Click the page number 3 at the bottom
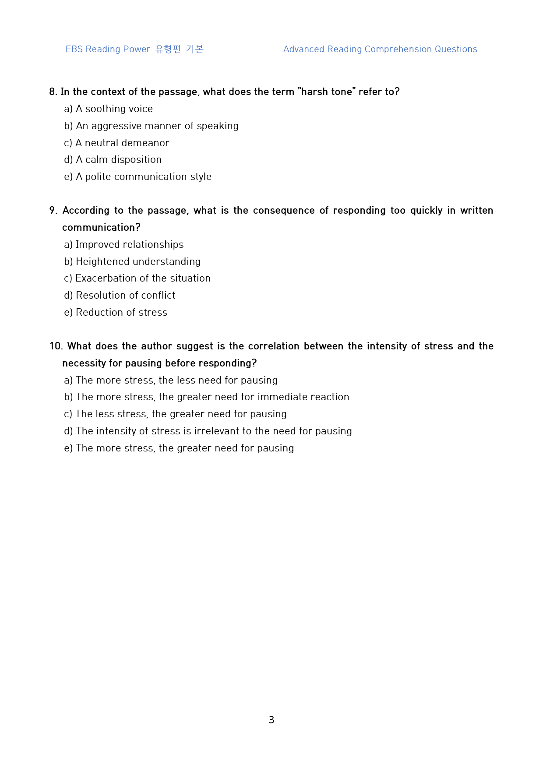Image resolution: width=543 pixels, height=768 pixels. [x=271, y=720]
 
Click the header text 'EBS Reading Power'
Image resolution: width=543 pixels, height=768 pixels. [x=108, y=49]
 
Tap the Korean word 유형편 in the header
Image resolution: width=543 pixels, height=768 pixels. [x=168, y=49]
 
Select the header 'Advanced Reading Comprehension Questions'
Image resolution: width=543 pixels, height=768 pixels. [x=380, y=49]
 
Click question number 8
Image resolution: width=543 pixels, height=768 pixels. [x=53, y=92]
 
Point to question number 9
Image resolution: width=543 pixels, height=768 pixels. [x=53, y=210]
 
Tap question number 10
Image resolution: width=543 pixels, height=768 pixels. [x=56, y=346]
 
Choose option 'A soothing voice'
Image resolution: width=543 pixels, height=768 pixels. [x=114, y=109]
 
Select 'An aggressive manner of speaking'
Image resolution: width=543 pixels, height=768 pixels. [x=157, y=126]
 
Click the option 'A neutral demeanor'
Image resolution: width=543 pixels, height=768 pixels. [x=122, y=143]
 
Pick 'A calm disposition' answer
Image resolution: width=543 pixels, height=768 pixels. [x=118, y=159]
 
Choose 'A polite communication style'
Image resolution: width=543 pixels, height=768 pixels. [x=143, y=176]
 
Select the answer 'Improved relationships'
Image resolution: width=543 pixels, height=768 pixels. [x=129, y=244]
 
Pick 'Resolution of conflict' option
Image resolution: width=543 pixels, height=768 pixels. [x=125, y=295]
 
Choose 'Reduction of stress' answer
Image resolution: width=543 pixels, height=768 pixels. [x=121, y=312]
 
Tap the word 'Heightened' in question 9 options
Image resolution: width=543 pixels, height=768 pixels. [x=102, y=261]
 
